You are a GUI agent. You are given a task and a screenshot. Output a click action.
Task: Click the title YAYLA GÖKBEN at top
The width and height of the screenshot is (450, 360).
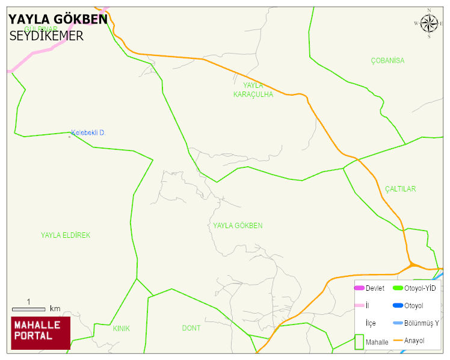tap(58, 19)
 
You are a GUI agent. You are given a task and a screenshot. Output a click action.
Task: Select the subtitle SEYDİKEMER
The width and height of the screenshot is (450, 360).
tap(46, 36)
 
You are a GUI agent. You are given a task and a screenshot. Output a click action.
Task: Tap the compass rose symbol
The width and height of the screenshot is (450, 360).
tap(429, 23)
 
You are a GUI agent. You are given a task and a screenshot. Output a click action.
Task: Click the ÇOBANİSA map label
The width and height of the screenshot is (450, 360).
tap(387, 61)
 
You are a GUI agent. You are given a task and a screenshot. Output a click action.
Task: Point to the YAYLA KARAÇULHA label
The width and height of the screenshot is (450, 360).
tap(253, 90)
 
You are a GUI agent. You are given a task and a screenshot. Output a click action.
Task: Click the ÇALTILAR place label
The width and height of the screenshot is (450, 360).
tap(400, 189)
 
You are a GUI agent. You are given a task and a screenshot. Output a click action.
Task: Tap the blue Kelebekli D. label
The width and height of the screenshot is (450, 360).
tap(88, 132)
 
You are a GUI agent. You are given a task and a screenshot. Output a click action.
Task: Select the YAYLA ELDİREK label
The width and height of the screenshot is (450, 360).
tap(66, 235)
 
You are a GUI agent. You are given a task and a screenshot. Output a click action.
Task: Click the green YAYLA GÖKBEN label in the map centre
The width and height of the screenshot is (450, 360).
tap(238, 226)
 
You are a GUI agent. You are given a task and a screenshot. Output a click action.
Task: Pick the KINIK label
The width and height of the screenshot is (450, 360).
tap(121, 329)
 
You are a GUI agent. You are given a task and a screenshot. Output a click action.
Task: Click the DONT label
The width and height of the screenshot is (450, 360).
tap(191, 328)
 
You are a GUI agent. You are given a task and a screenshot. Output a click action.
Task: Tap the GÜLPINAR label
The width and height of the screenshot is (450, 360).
tap(41, 29)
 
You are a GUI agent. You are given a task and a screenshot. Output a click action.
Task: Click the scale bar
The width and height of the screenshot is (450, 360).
tap(28, 309)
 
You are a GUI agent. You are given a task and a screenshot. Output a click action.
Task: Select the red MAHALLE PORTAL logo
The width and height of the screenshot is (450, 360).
tap(40, 333)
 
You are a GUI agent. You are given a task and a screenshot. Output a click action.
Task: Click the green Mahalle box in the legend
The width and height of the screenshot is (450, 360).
tap(360, 341)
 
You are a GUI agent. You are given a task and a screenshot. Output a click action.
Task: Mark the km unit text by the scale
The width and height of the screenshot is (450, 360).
tap(55, 309)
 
